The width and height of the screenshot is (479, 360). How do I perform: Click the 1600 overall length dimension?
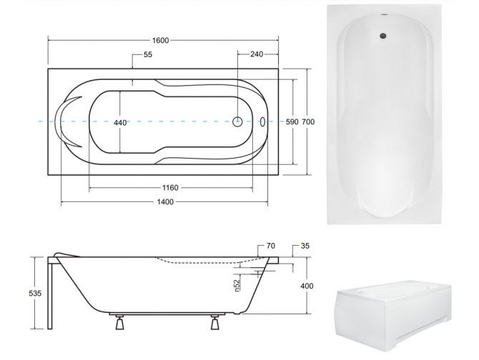click(x=160, y=41)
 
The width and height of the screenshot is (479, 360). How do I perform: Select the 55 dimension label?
click(x=148, y=55)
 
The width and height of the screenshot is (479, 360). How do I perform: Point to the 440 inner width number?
click(x=120, y=123)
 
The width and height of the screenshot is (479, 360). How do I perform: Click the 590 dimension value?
click(x=291, y=122)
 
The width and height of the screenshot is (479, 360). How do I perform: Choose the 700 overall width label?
click(x=307, y=122)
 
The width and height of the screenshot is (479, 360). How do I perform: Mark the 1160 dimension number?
click(x=169, y=188)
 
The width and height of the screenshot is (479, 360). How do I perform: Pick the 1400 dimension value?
click(x=165, y=203)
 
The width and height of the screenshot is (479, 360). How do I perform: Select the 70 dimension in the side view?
click(x=270, y=246)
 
